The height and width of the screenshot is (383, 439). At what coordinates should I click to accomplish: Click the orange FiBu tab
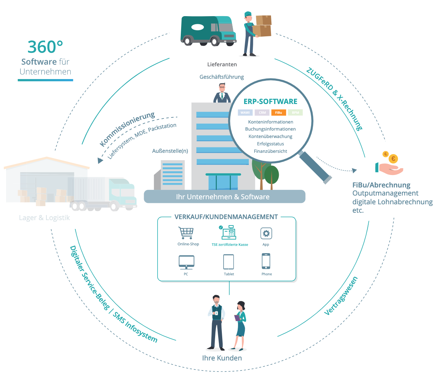click(278, 112)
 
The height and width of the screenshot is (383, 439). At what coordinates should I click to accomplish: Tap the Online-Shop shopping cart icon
click(186, 233)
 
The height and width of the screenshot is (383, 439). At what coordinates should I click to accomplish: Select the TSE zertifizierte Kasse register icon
click(229, 233)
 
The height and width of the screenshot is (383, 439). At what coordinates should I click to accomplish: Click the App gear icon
click(266, 233)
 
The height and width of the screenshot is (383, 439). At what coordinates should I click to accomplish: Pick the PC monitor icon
click(186, 262)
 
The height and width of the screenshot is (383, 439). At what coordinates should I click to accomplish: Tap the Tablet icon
click(229, 262)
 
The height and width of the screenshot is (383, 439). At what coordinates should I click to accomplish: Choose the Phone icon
click(266, 261)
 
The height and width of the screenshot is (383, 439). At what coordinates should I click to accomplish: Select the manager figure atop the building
click(222, 93)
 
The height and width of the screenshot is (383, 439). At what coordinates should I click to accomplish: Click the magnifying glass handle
click(315, 167)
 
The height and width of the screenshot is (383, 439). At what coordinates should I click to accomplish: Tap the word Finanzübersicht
click(270, 151)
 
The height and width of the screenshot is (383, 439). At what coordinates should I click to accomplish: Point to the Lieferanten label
click(222, 64)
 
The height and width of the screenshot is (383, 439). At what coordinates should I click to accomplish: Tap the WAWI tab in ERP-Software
click(245, 112)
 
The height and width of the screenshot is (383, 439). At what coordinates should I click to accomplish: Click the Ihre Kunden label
click(222, 358)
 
